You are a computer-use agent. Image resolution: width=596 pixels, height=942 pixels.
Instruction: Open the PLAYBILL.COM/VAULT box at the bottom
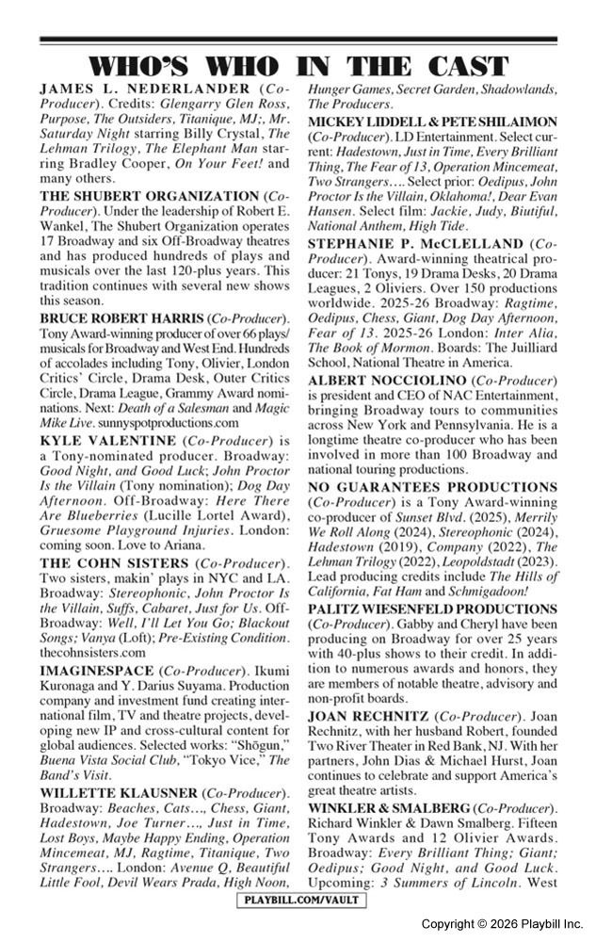pyautogui.click(x=298, y=901)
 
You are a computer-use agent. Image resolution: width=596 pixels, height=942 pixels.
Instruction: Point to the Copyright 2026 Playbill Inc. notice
pyautogui.click(x=501, y=923)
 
